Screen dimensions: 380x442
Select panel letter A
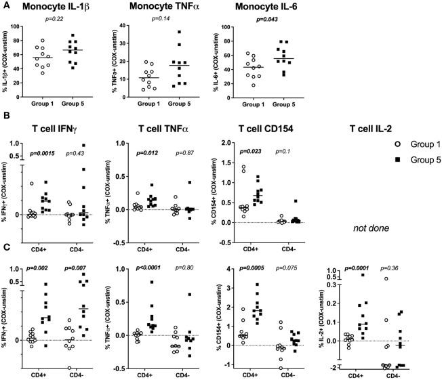coord(5,5)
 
